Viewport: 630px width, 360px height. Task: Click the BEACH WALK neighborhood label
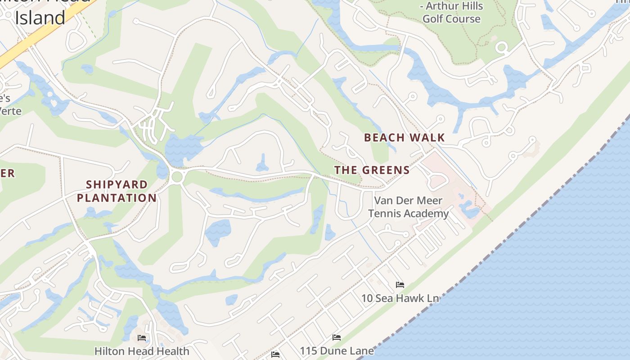point(404,138)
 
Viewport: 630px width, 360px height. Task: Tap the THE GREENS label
point(372,170)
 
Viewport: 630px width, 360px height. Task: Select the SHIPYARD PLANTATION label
point(117,191)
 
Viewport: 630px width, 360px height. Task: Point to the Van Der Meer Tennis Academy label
point(409,207)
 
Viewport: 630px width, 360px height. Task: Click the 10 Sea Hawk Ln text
point(400,298)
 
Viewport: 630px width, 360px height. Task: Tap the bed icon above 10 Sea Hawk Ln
point(400,284)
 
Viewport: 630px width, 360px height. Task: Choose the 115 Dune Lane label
point(337,351)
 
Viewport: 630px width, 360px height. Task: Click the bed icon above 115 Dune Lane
point(336,337)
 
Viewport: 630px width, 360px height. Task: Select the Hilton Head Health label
point(142,351)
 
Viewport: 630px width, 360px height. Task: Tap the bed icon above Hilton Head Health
point(142,337)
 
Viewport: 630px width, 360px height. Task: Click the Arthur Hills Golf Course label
point(451,13)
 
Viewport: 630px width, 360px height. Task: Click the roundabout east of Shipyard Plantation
point(177,176)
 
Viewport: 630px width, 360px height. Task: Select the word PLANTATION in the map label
point(117,198)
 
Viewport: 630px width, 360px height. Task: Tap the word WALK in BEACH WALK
point(427,138)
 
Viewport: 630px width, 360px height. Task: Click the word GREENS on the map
point(386,170)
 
